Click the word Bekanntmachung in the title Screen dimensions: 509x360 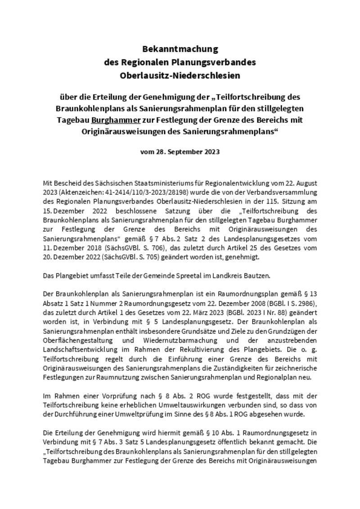pyautogui.click(x=180, y=49)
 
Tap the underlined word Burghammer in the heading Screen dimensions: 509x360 pyautogui.click(x=110, y=120)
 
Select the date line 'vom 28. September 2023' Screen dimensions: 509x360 pyautogui.click(x=180, y=152)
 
